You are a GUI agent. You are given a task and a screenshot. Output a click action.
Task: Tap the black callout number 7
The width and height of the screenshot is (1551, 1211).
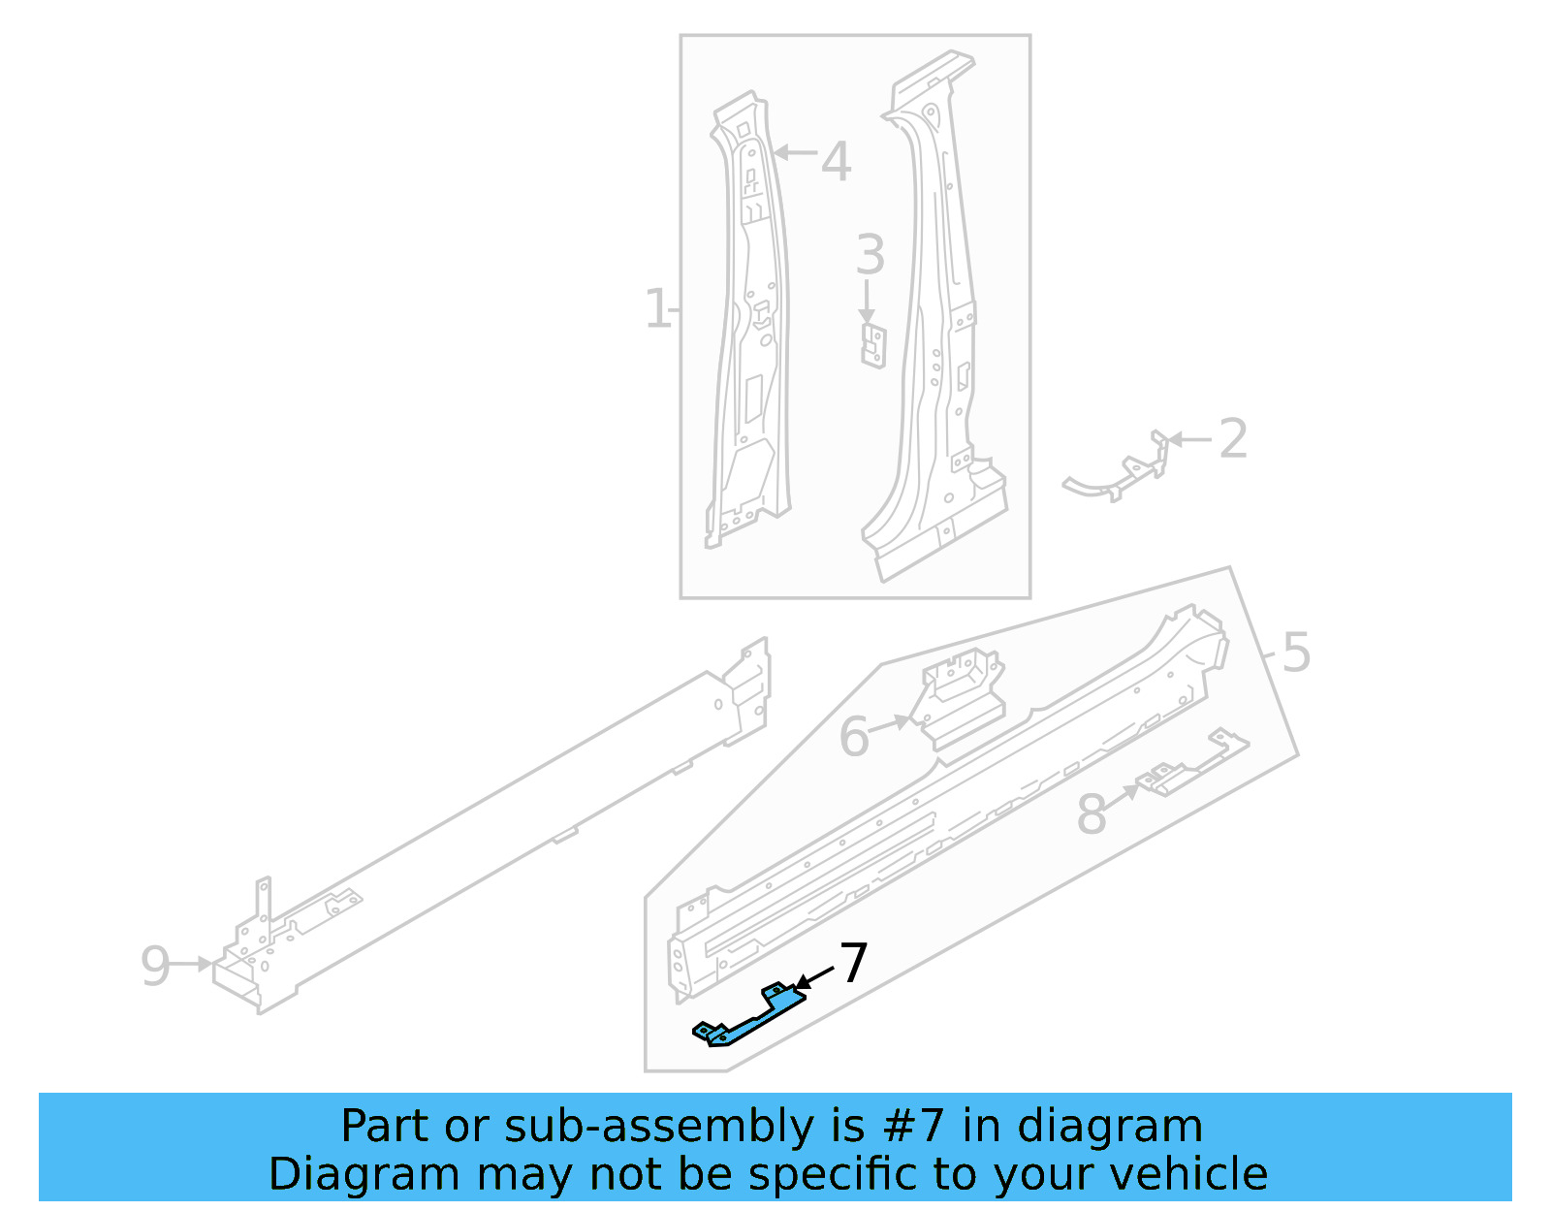(x=853, y=964)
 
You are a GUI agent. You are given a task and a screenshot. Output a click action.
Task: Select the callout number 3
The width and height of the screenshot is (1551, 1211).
(x=870, y=255)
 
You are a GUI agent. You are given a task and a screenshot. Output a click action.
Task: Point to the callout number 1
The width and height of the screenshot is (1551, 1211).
(x=656, y=309)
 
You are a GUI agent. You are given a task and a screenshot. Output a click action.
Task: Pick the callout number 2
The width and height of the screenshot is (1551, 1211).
(x=1232, y=439)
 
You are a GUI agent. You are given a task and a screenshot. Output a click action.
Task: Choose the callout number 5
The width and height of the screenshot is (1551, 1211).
(x=1296, y=653)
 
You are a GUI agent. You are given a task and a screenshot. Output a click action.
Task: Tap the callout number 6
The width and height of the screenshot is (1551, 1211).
(x=854, y=737)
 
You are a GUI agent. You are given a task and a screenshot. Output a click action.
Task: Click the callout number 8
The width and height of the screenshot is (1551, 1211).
(x=1092, y=814)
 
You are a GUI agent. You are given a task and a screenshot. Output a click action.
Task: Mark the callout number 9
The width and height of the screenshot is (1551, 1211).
(x=155, y=966)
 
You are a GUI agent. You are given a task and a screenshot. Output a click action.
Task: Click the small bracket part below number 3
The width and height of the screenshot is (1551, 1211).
(x=873, y=346)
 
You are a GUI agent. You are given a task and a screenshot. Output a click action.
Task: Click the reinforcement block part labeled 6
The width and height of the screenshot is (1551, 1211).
(x=963, y=698)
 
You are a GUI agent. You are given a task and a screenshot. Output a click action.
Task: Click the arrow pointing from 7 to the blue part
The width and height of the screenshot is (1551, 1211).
(x=814, y=977)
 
